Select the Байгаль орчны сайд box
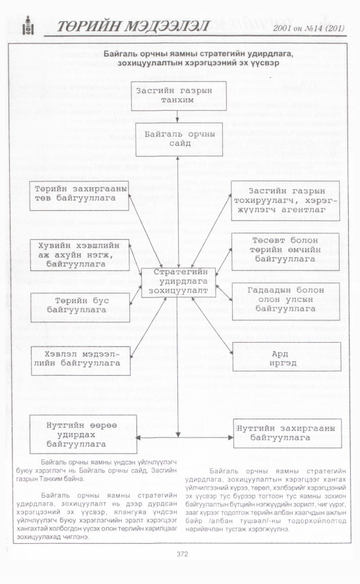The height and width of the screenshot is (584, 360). coord(179,139)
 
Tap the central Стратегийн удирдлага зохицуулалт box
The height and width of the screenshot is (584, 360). coord(179,282)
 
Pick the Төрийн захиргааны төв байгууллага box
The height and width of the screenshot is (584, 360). coord(79,195)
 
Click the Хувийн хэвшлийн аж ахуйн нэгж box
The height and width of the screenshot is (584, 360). coord(79,254)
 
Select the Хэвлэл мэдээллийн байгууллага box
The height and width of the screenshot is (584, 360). coord(80,360)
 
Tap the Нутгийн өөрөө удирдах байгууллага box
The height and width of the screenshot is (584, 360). coord(83,434)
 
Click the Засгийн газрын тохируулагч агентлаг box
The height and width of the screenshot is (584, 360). coord(285,200)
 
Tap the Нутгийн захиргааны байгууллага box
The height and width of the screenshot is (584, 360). coord(287,433)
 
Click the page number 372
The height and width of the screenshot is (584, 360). coord(182,554)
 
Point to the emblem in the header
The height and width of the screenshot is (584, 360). coord(28,25)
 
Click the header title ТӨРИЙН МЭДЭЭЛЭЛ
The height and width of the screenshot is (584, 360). coord(133,26)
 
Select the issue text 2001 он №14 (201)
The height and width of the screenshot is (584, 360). coord(309,28)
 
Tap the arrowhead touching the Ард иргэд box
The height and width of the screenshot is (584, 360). coord(231,352)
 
